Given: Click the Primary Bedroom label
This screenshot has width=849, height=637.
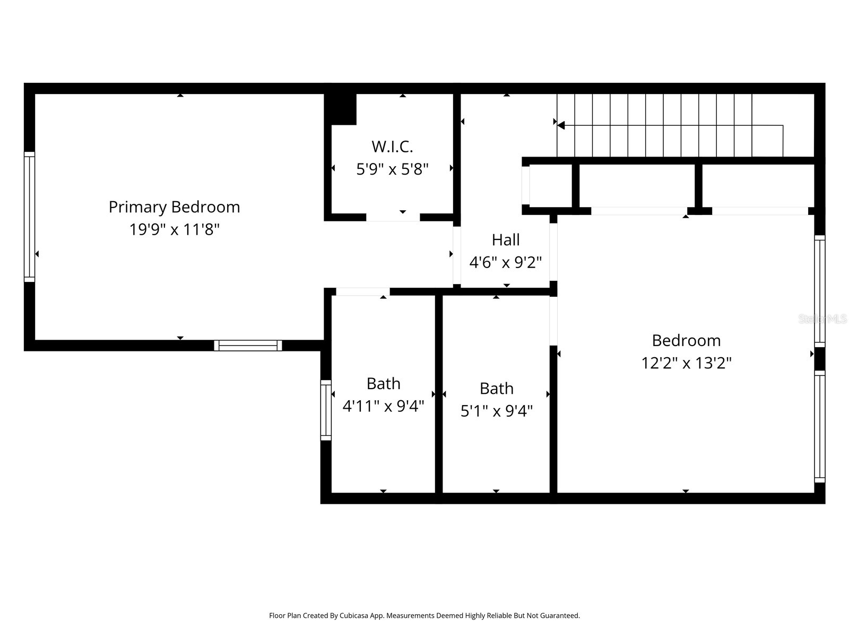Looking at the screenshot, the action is tap(174, 208).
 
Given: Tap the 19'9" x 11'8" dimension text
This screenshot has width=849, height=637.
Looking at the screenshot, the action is tap(174, 229).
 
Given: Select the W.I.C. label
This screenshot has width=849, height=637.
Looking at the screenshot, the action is tap(392, 147).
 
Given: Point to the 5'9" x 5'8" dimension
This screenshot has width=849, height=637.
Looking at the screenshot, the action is tap(392, 169).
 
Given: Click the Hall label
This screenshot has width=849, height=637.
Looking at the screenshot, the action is tap(506, 240).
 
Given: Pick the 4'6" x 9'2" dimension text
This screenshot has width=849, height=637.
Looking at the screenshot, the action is tap(506, 262).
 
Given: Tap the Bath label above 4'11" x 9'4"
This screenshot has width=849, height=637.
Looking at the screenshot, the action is tap(383, 384).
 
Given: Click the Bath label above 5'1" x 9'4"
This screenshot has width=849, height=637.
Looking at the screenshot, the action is tap(497, 389).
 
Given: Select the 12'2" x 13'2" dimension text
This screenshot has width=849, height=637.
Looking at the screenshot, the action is tap(687, 363).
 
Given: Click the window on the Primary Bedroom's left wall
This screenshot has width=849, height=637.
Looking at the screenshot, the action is tap(29, 217).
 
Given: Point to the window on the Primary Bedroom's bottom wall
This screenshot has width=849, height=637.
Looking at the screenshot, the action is tap(248, 346).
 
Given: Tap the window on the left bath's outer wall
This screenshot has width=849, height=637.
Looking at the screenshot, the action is tap(326, 410).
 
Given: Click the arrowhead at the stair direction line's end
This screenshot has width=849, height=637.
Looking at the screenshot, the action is tap(561, 125).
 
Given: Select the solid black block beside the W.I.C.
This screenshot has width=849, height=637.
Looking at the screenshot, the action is tap(340, 109).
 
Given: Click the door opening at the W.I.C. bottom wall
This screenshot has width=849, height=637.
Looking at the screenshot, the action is tap(393, 217).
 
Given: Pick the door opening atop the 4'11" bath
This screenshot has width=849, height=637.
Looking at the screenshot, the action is tap(363, 291).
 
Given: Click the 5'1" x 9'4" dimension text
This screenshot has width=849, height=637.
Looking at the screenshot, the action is tap(497, 411).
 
